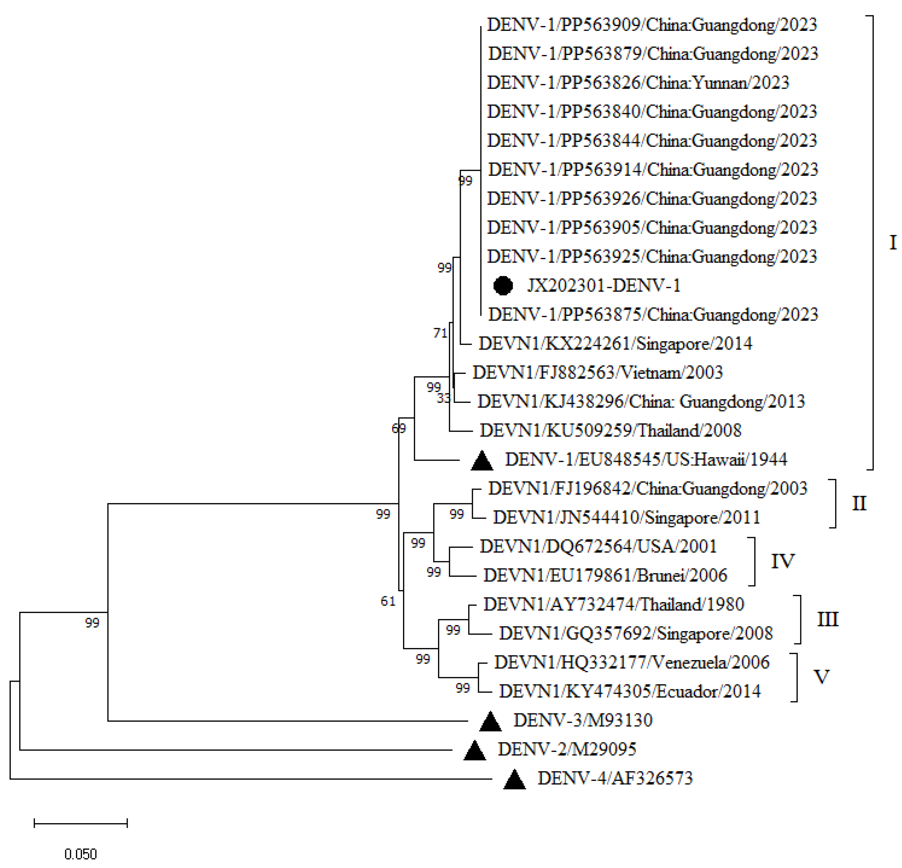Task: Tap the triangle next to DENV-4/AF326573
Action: click(515, 780)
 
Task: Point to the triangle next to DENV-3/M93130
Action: click(490, 722)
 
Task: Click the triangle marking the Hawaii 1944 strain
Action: click(482, 461)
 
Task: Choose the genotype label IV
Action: click(782, 561)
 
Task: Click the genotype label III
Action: click(827, 619)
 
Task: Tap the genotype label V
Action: click(822, 677)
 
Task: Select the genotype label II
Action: click(859, 503)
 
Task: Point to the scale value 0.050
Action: click(80, 854)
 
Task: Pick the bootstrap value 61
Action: click(388, 601)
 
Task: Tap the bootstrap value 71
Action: click(441, 333)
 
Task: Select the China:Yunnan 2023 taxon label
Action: click(638, 83)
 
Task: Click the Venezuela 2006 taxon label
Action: click(632, 663)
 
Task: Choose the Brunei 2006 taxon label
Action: click(605, 575)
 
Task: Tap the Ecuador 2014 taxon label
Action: click(630, 692)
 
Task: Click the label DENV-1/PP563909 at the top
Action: click(652, 25)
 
